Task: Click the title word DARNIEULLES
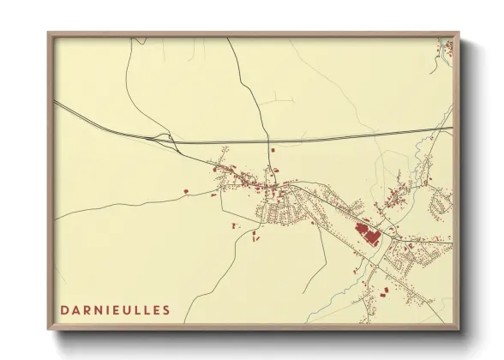coord(115,309)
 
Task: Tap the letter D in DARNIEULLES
coord(64,309)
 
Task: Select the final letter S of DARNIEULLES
coord(165,309)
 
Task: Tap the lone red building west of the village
coord(185,189)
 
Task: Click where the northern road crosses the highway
coord(268,141)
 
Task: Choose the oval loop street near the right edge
coord(442,202)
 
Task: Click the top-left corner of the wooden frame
coord(50,35)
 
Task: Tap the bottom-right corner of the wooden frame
coord(459,328)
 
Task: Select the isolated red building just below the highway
coord(273,151)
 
